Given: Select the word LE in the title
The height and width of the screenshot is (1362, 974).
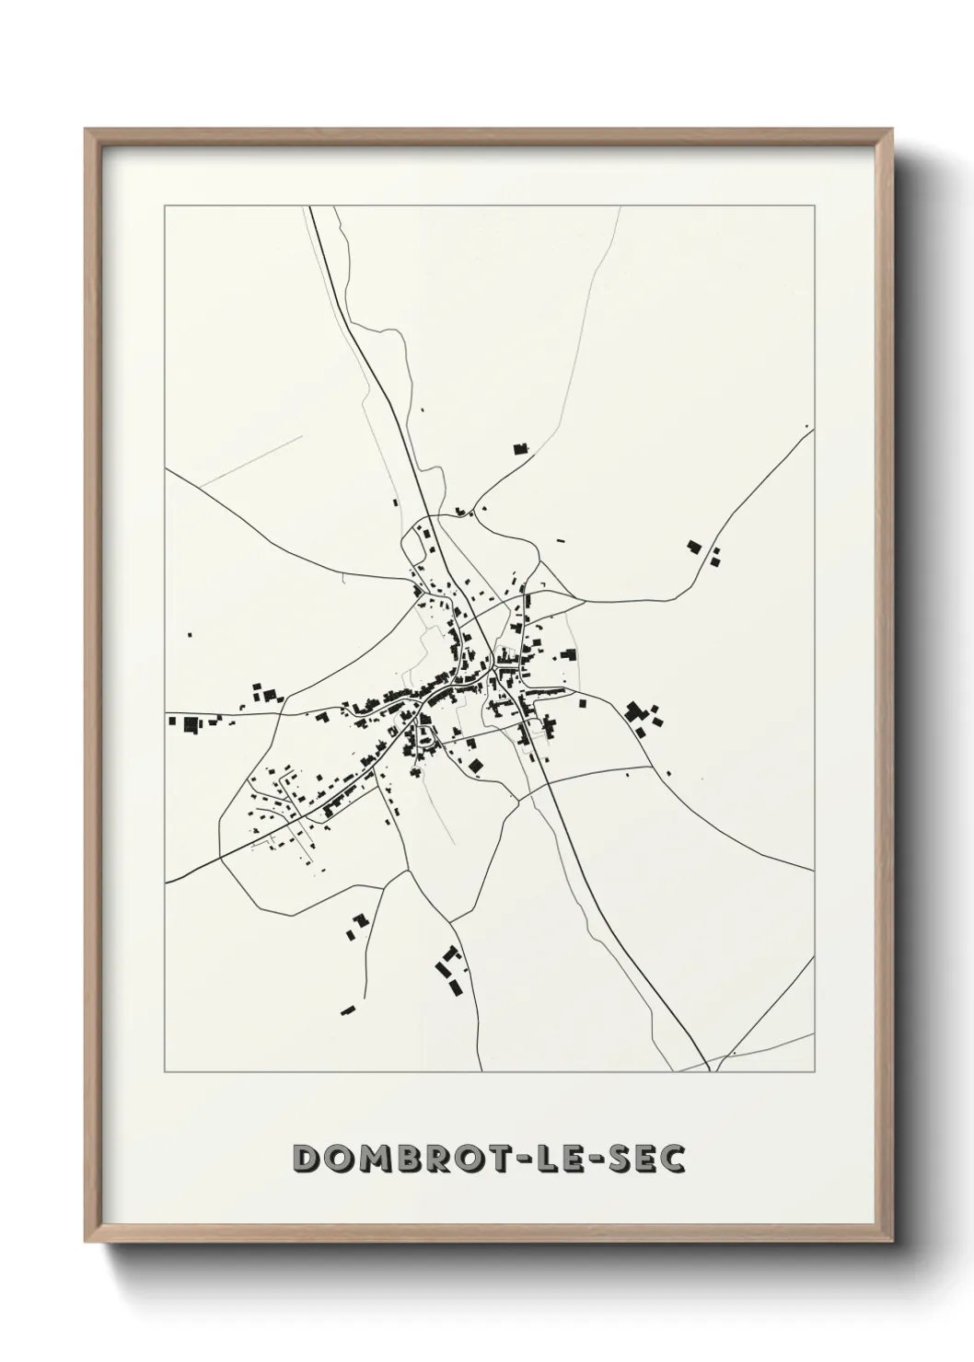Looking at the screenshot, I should [567, 1159].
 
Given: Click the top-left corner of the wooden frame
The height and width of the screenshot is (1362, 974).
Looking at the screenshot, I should [87, 130].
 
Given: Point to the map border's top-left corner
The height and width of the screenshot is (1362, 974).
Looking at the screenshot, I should [165, 206].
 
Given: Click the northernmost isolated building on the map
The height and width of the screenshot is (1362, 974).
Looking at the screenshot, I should [521, 449].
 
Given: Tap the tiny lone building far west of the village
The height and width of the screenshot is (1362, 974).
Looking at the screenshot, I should [190, 634].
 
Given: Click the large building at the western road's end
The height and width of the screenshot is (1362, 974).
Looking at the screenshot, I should [194, 723].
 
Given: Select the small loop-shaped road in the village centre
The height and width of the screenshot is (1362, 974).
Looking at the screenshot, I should [425, 734].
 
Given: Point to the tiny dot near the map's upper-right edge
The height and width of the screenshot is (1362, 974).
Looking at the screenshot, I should [806, 426].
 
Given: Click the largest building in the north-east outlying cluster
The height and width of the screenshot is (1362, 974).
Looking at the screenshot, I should [694, 547].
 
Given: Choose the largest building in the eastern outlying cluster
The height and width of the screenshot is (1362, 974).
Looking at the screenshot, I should [633, 710].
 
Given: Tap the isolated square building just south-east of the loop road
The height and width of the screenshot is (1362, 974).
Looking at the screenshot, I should [476, 766].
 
